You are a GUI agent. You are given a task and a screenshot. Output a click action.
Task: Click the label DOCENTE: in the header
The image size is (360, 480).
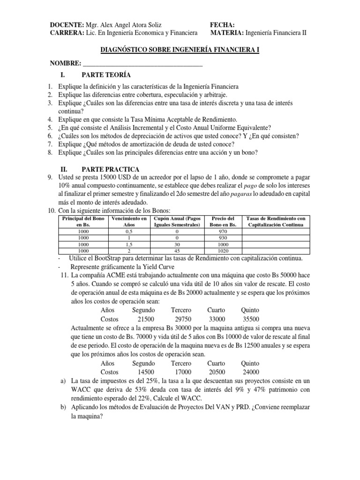click(x=66, y=24)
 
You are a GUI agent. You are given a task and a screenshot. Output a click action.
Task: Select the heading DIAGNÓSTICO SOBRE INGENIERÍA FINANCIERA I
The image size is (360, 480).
click(x=180, y=50)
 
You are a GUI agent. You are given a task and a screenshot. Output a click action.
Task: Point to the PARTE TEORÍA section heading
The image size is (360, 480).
click(x=106, y=75)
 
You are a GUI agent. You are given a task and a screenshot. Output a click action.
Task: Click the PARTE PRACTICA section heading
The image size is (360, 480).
click(x=110, y=169)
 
